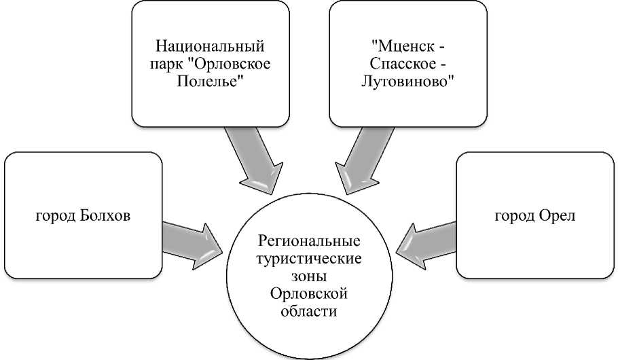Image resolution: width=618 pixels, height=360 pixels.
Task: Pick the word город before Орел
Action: click(x=514, y=216)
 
